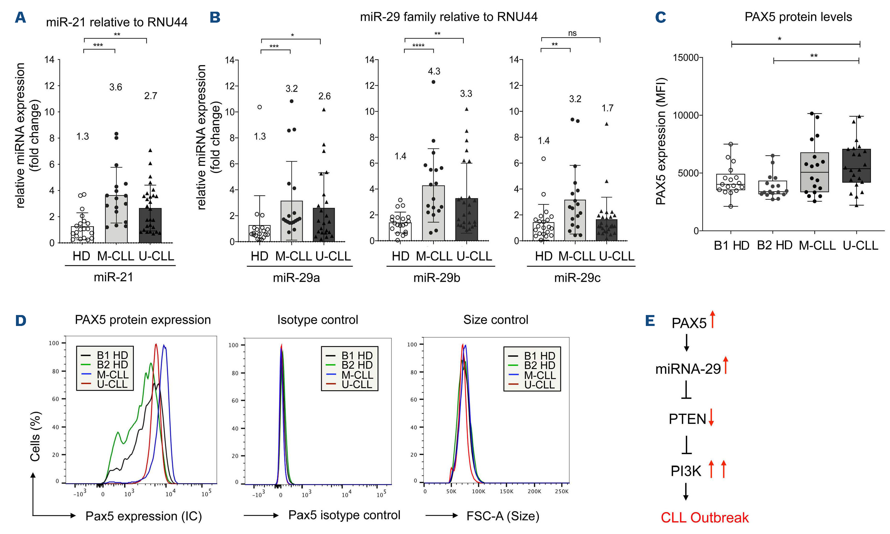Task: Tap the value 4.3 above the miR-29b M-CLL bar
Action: [x=434, y=71]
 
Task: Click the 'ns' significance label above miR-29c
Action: [x=572, y=33]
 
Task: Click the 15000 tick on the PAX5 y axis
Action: [x=685, y=58]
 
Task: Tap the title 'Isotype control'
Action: [x=317, y=320]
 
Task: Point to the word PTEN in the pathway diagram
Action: [x=687, y=419]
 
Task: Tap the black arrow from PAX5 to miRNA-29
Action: [x=686, y=343]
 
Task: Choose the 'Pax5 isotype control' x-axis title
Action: [x=344, y=515]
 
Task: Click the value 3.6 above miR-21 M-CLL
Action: [x=116, y=87]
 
